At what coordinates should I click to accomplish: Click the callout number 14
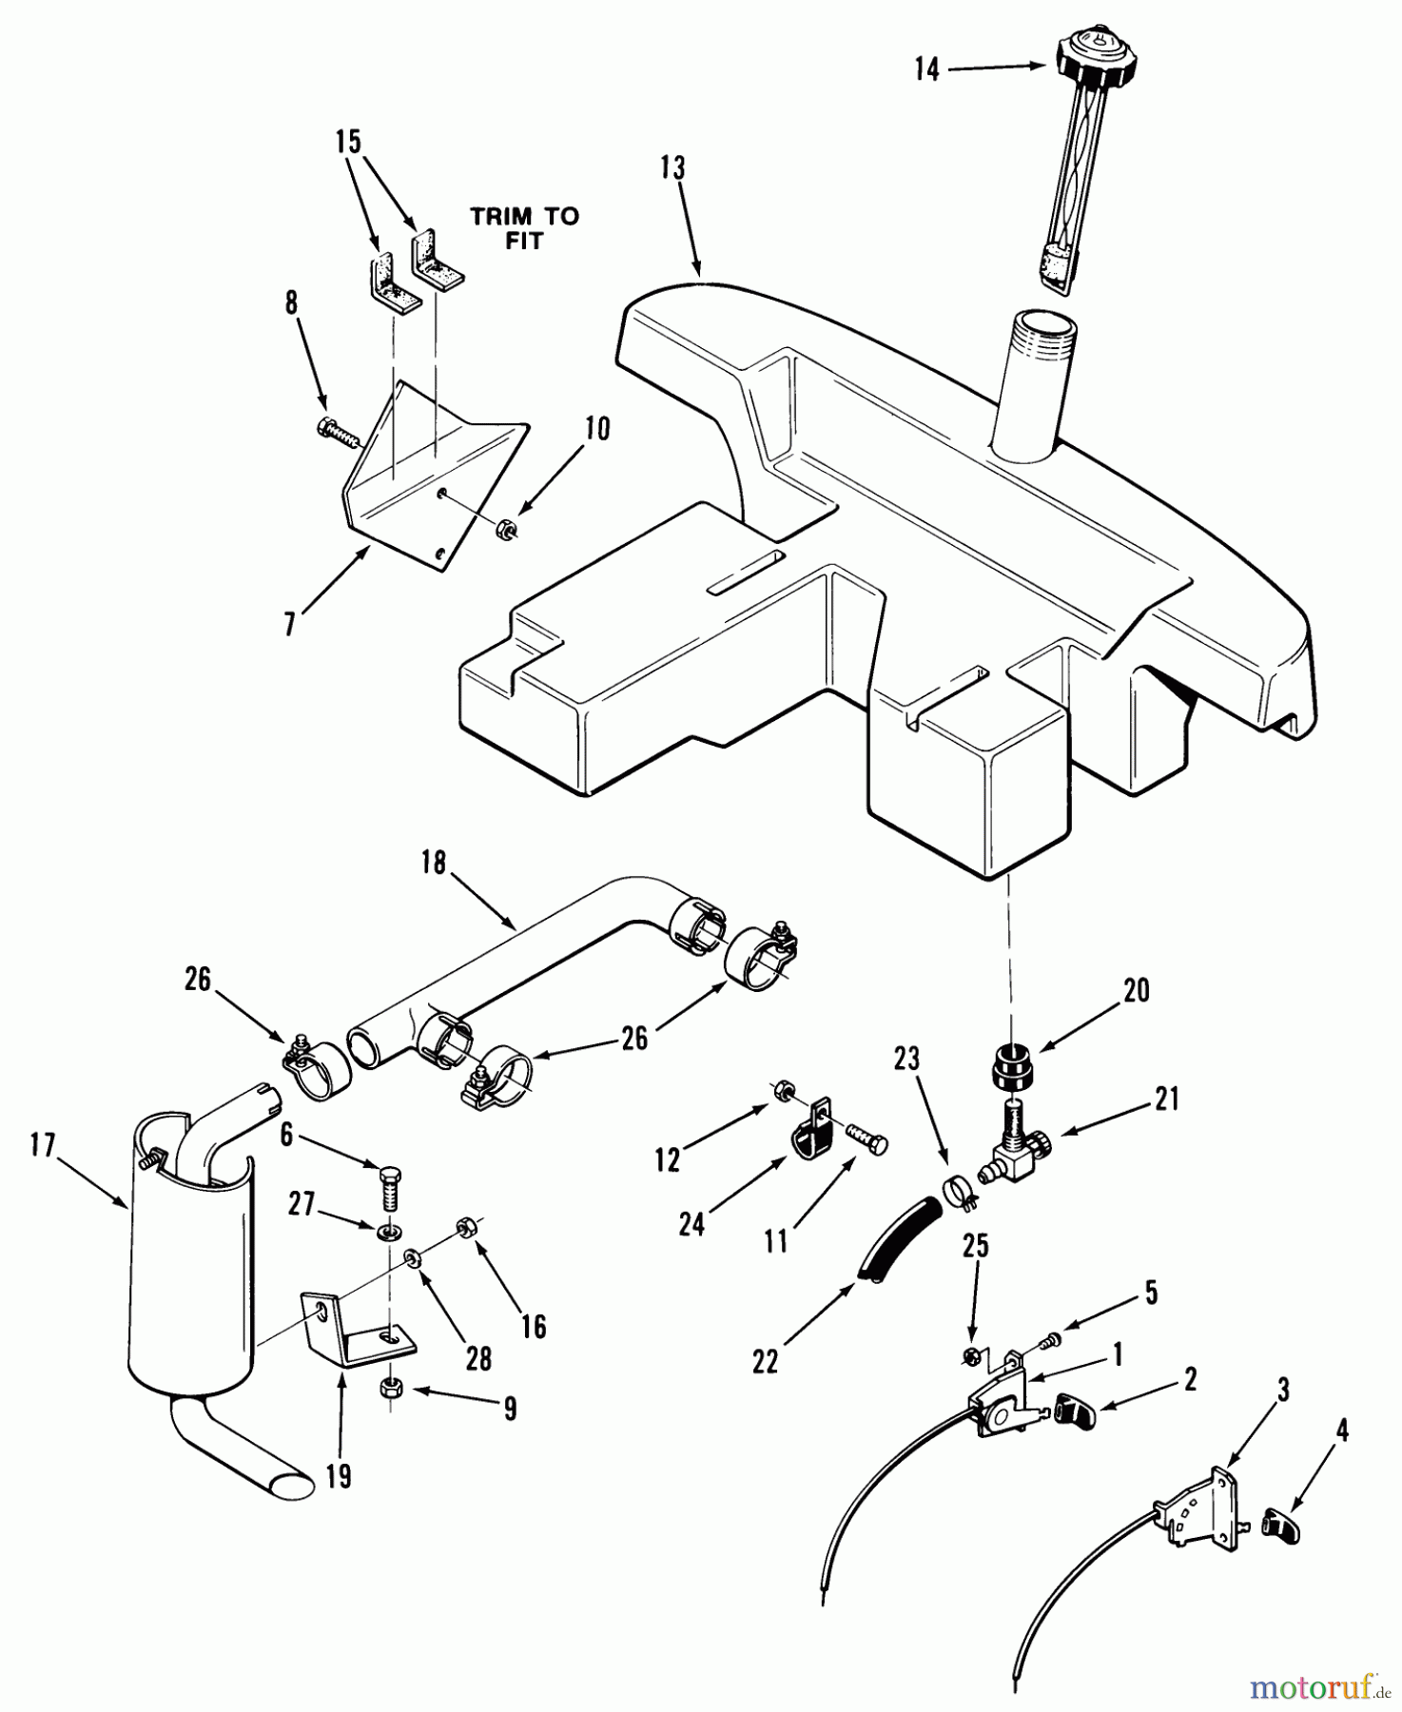point(927,69)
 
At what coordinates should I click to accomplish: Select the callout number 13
point(672,168)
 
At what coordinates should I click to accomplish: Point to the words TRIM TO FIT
point(524,228)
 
